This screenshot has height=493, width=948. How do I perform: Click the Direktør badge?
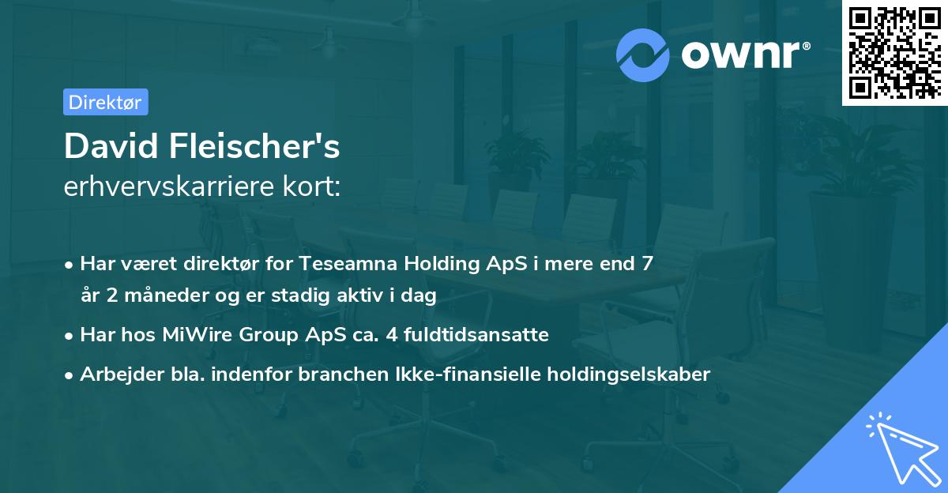[x=105, y=102]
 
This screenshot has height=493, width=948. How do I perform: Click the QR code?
[x=893, y=51]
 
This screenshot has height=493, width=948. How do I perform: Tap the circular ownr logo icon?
[x=643, y=55]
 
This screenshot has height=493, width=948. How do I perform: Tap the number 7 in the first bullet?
[x=648, y=263]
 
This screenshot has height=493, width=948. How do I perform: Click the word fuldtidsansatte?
[x=476, y=334]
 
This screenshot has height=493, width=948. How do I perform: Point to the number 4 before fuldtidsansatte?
[x=389, y=334]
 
